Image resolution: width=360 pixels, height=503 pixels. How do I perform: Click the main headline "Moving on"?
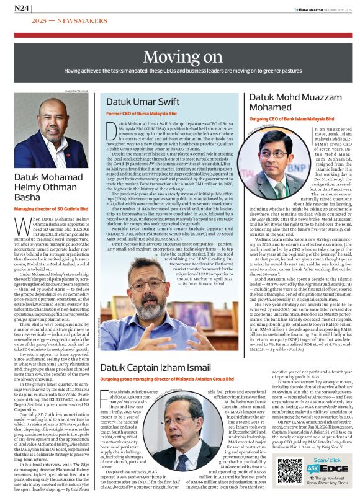pyautogui.click(x=179, y=58)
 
